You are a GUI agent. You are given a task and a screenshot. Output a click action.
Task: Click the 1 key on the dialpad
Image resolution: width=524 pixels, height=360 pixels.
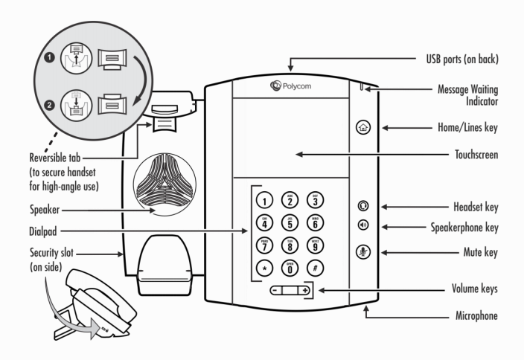pos(264,199)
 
